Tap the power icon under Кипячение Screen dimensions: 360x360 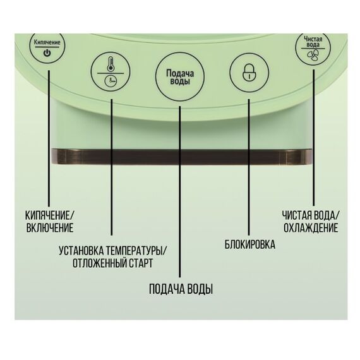pos(47,54)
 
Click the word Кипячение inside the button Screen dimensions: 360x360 pos(47,42)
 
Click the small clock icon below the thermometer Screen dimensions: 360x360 pos(111,81)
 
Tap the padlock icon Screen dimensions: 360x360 pos(249,71)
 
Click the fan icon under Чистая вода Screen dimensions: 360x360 pos(313,56)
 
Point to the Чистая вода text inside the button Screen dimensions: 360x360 pos(313,42)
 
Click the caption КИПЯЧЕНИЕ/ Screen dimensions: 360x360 pos(50,215)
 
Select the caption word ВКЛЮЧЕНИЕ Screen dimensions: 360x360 pos(50,228)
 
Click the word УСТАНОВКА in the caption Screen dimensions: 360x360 pos(81,251)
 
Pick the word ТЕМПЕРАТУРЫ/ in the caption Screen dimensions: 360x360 pos(137,251)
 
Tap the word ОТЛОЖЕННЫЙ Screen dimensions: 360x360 pos(99,263)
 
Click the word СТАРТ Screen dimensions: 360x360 pos(141,263)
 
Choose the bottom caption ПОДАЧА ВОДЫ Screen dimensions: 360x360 pos(181,289)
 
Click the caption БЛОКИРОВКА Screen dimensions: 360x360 pos(250,244)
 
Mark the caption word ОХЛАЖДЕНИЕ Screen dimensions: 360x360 pos(311,228)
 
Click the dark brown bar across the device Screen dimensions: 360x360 pos(182,157)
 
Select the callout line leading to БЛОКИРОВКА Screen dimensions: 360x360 pos(249,167)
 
